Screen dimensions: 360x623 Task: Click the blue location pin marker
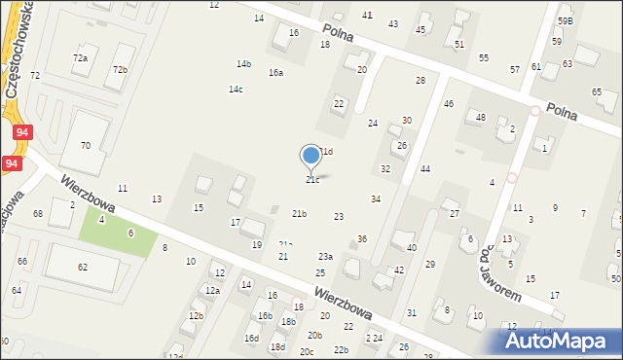(x=311, y=156)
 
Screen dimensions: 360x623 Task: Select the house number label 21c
(x=312, y=180)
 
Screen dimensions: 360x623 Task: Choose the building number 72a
(x=80, y=58)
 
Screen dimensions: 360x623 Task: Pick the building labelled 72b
(x=120, y=70)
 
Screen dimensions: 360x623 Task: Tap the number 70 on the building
(x=86, y=145)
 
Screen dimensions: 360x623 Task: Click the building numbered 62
(x=83, y=267)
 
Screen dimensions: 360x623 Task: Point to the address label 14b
(x=243, y=64)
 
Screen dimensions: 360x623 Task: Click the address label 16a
(x=276, y=73)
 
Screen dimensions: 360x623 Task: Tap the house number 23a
(x=325, y=257)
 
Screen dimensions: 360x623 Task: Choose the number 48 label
(x=480, y=117)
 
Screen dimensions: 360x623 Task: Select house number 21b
(x=299, y=214)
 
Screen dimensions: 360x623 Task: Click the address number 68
(x=38, y=213)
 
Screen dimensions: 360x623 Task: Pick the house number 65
(x=597, y=91)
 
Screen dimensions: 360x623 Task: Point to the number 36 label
(x=362, y=239)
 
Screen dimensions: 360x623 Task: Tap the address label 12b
(x=197, y=316)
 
